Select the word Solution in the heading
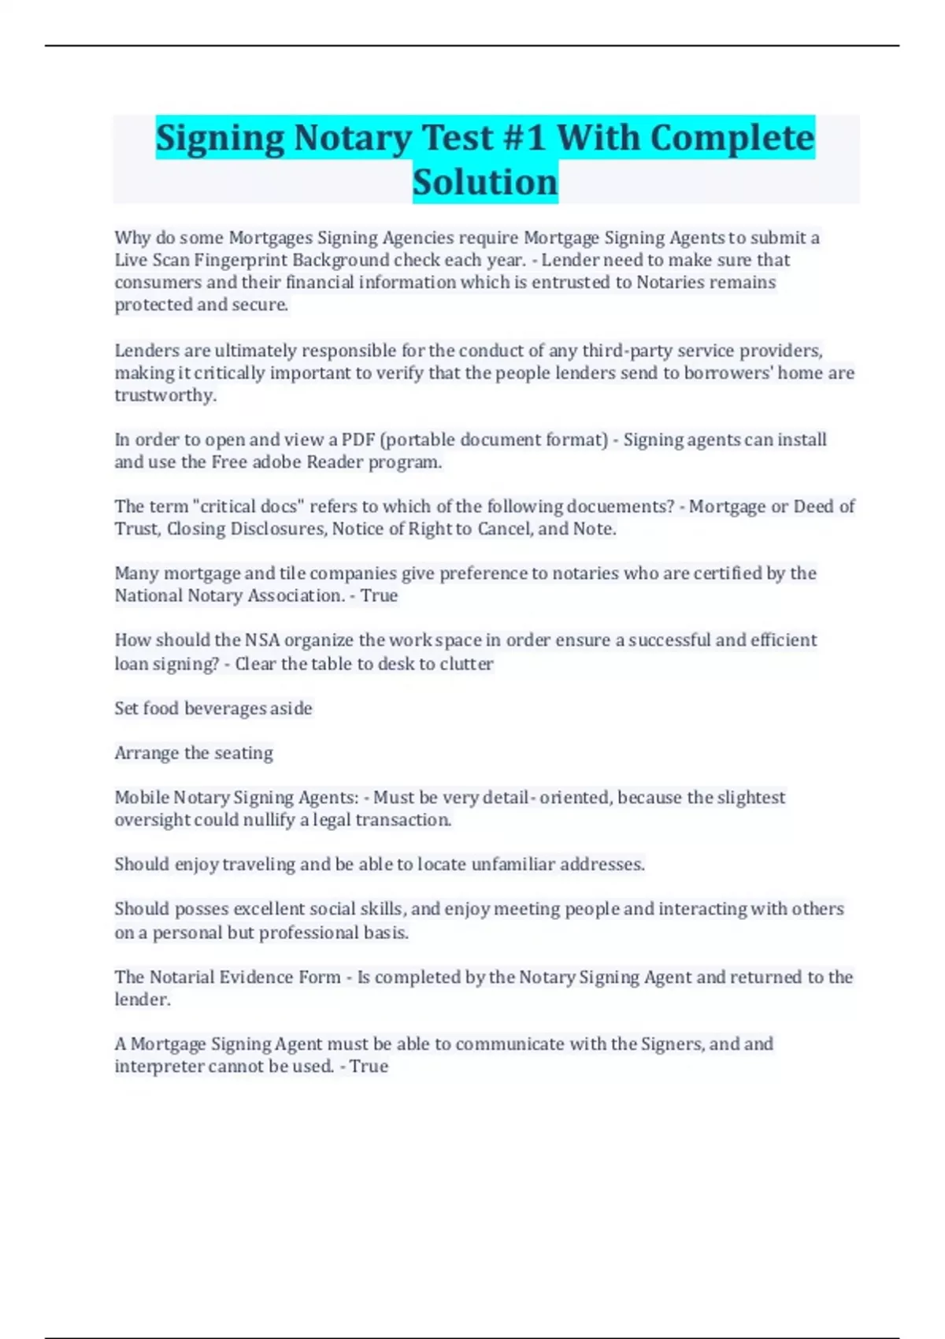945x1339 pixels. click(485, 182)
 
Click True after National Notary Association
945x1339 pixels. click(379, 595)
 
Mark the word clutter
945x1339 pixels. click(466, 664)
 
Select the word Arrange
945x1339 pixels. click(146, 753)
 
